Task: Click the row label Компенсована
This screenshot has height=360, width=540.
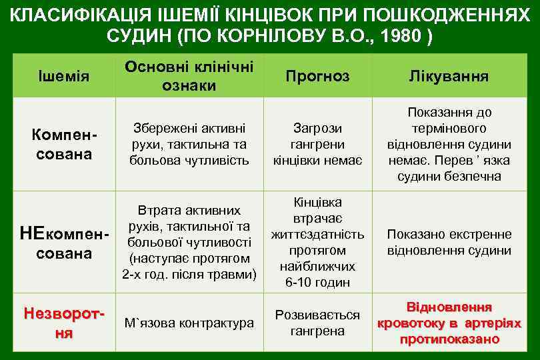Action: (x=64, y=144)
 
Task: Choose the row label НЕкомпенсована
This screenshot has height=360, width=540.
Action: (x=64, y=243)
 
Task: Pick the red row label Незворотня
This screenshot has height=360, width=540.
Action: (x=64, y=323)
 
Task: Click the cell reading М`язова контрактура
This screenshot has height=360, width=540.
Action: (x=189, y=323)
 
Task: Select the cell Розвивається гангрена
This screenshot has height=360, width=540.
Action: (x=317, y=323)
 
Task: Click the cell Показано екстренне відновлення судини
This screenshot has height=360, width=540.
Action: (x=449, y=243)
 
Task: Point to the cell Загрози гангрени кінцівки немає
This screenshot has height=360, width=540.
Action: (x=317, y=144)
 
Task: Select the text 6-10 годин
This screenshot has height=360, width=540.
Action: (x=317, y=282)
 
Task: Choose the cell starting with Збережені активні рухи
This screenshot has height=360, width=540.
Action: (x=189, y=144)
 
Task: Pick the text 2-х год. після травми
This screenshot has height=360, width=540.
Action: (x=189, y=274)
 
